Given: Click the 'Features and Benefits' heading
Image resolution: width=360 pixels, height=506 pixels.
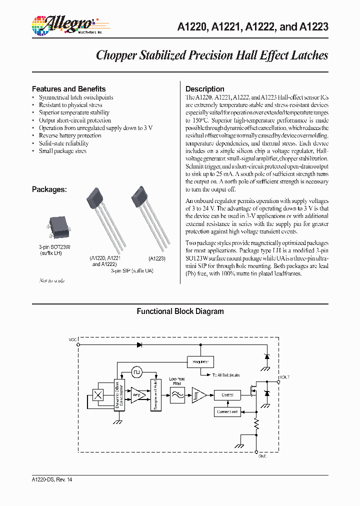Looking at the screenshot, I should (x=68, y=89).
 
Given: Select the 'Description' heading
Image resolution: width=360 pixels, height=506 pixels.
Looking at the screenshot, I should (x=204, y=89).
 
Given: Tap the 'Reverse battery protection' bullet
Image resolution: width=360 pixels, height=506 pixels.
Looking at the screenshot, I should (x=70, y=135).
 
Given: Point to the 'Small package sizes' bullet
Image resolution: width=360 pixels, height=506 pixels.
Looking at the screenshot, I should (x=62, y=151).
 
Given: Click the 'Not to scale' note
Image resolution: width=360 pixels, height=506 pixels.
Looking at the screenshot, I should (x=52, y=280).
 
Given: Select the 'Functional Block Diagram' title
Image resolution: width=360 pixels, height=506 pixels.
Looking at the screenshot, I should (x=180, y=311).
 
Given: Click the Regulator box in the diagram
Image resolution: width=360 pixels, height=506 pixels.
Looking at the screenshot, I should (x=200, y=361).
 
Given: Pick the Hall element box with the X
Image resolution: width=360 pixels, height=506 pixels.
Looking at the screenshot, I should (x=98, y=395).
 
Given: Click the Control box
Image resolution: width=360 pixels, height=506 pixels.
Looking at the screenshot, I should (x=227, y=395).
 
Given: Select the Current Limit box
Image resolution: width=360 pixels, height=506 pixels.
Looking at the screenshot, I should (x=227, y=412).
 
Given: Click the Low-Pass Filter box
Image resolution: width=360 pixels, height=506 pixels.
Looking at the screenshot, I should (x=177, y=395).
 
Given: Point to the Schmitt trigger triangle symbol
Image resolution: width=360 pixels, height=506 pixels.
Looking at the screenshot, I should (x=198, y=395).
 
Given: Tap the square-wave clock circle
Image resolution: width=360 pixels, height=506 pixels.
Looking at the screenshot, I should (x=137, y=372).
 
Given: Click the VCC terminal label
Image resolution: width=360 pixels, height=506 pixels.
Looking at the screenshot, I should (x=72, y=339).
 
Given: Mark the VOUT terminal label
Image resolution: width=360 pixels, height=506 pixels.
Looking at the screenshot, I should (x=284, y=377).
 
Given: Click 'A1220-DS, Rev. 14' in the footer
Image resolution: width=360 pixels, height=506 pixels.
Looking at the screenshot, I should (x=52, y=479).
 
